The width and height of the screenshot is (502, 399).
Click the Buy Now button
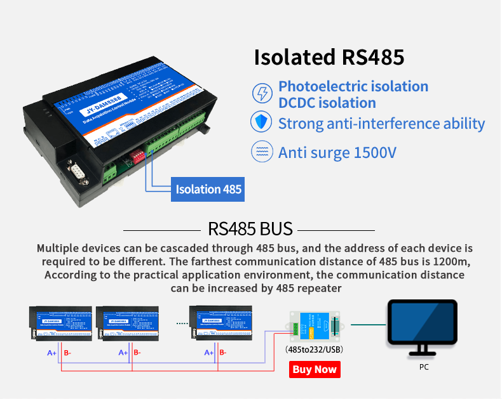[x=315, y=369]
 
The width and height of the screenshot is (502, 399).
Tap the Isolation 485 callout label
[x=208, y=189]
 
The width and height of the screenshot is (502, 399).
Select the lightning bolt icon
[x=262, y=93]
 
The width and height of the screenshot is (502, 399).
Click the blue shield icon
[x=262, y=123]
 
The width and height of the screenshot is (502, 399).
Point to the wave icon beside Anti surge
[x=262, y=153]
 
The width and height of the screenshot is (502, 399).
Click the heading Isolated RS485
[x=329, y=56]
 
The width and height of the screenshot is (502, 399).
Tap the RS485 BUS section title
[x=250, y=228]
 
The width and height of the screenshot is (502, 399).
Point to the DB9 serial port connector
[x=76, y=172]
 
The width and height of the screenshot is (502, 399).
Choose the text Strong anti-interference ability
[x=381, y=123]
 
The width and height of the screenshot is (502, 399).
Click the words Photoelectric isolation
[x=353, y=86]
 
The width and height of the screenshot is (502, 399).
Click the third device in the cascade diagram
[x=222, y=324]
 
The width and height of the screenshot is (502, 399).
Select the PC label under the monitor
[x=424, y=367]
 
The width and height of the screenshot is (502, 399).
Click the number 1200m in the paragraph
[x=454, y=261]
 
